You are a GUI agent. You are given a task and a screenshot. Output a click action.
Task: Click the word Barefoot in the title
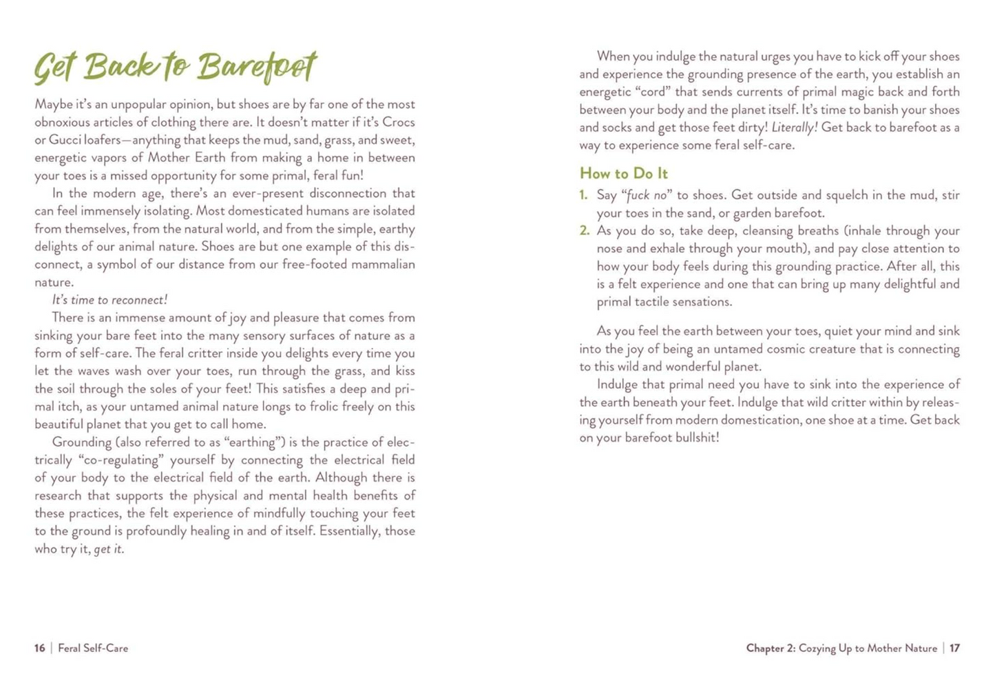pos(256,68)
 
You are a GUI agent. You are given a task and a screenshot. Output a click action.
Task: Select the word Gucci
pos(65,141)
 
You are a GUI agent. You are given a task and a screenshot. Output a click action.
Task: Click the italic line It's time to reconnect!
pos(109,300)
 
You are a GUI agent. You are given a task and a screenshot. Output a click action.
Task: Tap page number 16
pos(40,649)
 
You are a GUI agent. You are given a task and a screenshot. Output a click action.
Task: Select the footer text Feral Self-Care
pos(93,649)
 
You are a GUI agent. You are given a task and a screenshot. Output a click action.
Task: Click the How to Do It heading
pos(623,174)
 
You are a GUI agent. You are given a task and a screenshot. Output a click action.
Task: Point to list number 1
pos(583,196)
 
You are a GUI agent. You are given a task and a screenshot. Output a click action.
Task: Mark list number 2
pos(584,231)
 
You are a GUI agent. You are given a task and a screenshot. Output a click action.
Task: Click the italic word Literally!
pos(794,127)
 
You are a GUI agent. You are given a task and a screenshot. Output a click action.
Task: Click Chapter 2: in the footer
pos(771,649)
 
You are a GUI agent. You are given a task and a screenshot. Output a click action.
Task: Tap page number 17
pos(954,649)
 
